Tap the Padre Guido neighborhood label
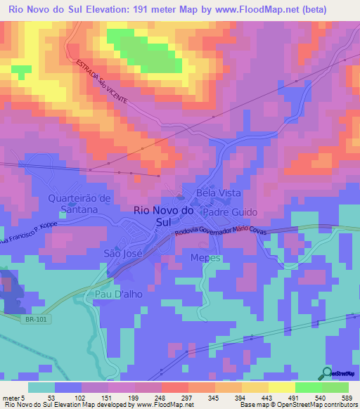pyautogui.click(x=231, y=212)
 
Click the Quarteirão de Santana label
pyautogui.click(x=79, y=204)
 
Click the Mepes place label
pyautogui.click(x=206, y=258)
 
